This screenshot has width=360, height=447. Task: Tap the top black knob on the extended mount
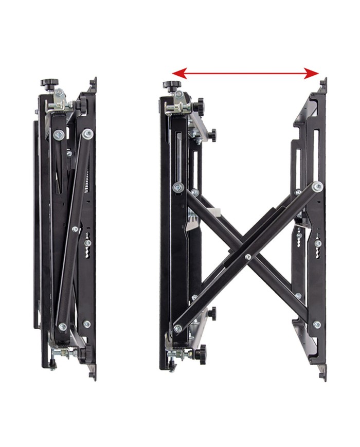tap(170, 85)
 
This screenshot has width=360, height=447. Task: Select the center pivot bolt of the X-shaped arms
tap(248, 256)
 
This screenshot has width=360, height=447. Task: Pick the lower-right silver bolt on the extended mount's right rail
tap(317, 325)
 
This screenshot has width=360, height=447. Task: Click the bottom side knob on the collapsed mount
tap(82, 354)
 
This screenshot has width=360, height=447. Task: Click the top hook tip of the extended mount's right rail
tap(323, 82)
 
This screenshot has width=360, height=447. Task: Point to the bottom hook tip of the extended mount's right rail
tap(323, 374)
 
